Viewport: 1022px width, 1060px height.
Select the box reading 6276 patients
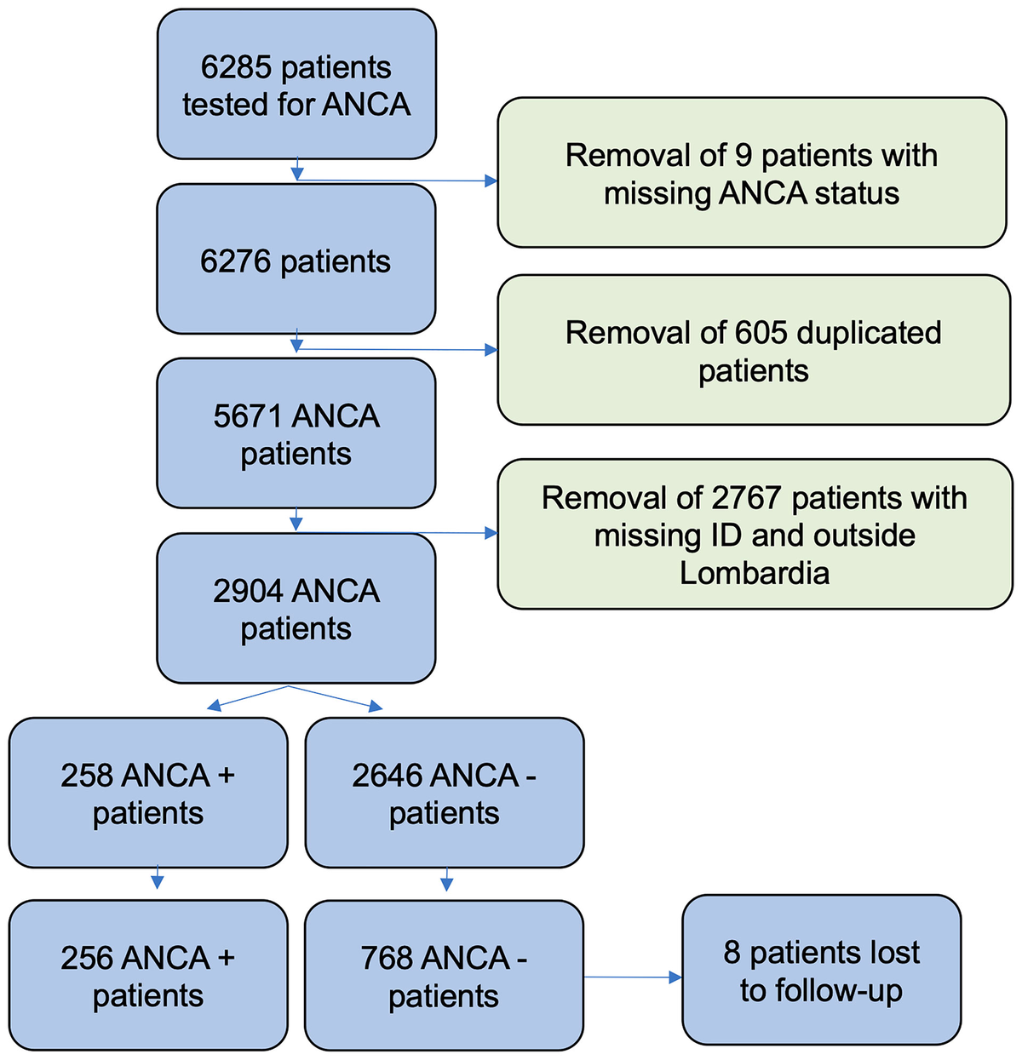click(x=296, y=259)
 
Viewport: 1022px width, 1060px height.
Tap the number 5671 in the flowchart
click(x=248, y=416)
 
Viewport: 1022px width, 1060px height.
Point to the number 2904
click(x=247, y=591)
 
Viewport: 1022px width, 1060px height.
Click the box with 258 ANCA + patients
click(x=148, y=793)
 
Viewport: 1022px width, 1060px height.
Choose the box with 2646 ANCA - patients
click(x=444, y=793)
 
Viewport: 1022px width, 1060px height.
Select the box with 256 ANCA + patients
click(x=148, y=976)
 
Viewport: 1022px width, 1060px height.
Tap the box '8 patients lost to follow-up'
click(x=821, y=970)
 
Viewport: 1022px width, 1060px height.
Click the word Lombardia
click(x=754, y=573)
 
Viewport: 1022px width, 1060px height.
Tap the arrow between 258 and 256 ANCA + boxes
click(x=157, y=879)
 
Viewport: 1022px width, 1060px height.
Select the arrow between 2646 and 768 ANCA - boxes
click(x=446, y=880)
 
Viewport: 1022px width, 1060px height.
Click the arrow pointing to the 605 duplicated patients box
click(x=396, y=349)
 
